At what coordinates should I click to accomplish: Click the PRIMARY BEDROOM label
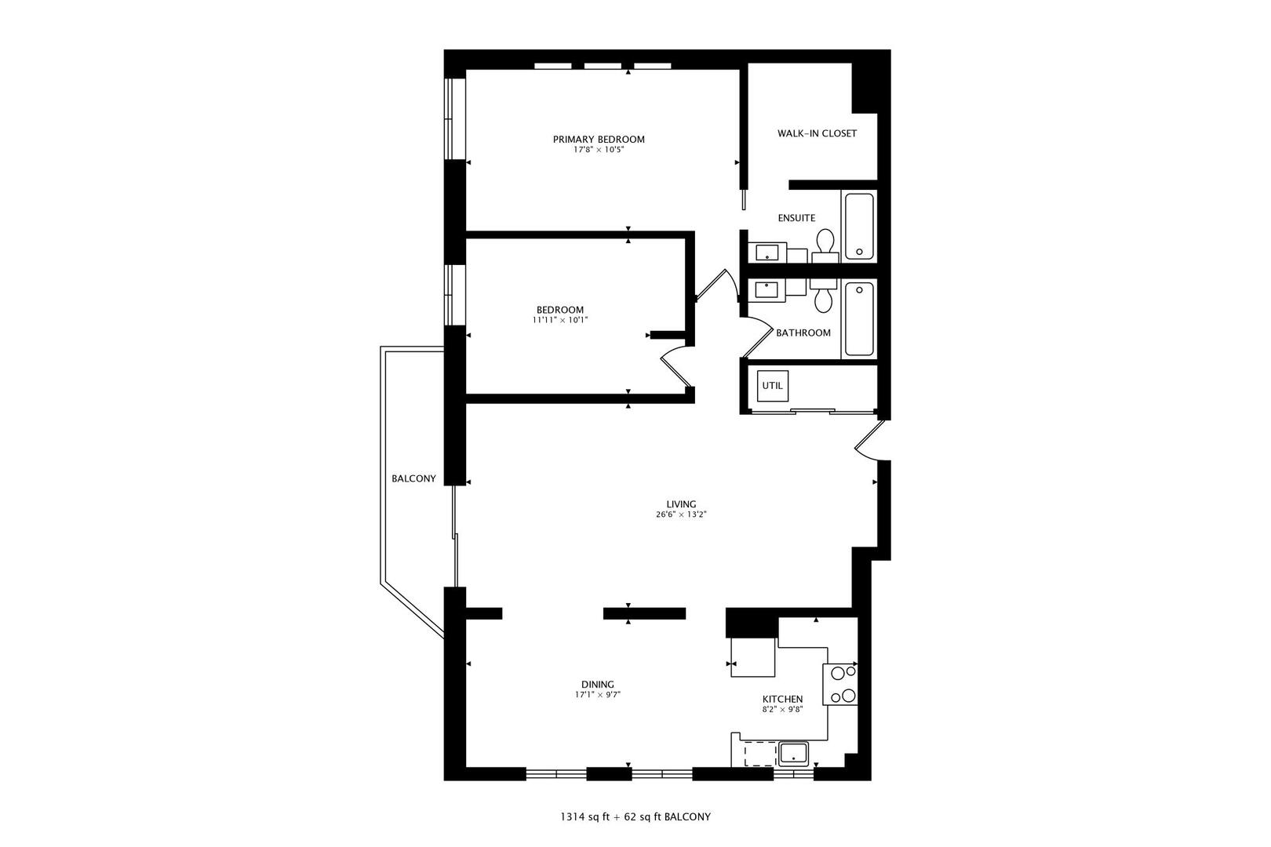pyautogui.click(x=599, y=139)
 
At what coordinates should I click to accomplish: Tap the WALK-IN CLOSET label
pyautogui.click(x=817, y=133)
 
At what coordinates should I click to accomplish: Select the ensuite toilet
pyautogui.click(x=825, y=245)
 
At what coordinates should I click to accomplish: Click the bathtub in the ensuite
pyautogui.click(x=859, y=227)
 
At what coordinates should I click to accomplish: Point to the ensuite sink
pyautogui.click(x=767, y=253)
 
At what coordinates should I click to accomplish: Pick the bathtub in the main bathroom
pyautogui.click(x=859, y=319)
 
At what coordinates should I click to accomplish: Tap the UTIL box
pyautogui.click(x=772, y=386)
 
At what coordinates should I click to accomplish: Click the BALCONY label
pyautogui.click(x=413, y=479)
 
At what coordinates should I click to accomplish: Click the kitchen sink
pyautogui.click(x=794, y=754)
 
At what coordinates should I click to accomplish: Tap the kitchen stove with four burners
pyautogui.click(x=839, y=684)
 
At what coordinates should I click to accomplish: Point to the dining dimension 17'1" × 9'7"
pyautogui.click(x=598, y=694)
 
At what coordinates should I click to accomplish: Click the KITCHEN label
pyautogui.click(x=782, y=699)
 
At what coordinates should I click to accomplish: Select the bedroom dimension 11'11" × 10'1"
pyautogui.click(x=559, y=320)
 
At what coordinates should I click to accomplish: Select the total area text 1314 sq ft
pyautogui.click(x=585, y=817)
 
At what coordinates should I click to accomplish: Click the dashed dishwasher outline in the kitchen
pyautogui.click(x=759, y=754)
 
